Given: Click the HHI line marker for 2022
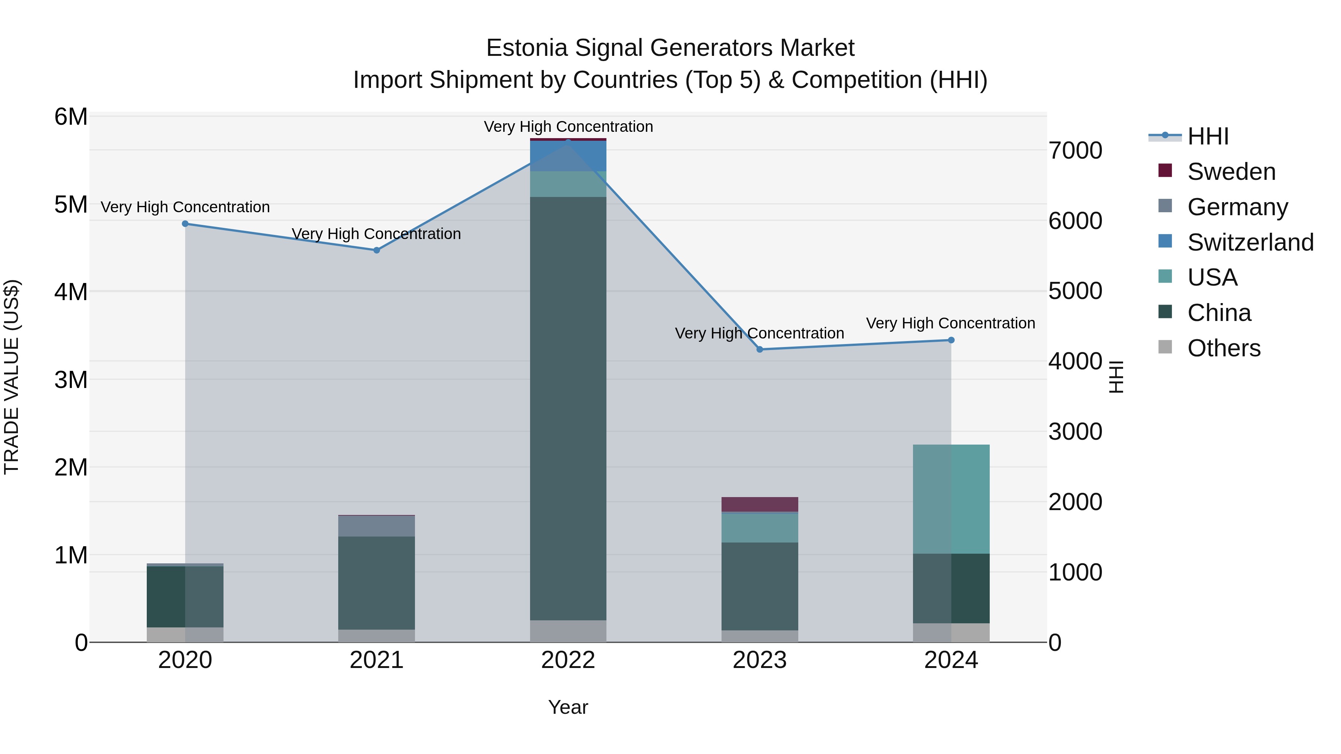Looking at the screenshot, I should (x=568, y=141).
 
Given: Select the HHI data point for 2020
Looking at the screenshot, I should (x=186, y=224).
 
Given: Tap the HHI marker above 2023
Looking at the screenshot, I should (x=760, y=349).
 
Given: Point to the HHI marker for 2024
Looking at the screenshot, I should (x=951, y=340).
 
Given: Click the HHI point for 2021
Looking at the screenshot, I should (x=377, y=250).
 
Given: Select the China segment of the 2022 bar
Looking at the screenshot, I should (x=568, y=408).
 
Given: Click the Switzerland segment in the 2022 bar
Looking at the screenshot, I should (x=568, y=156).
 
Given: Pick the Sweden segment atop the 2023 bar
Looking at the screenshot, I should (x=760, y=504).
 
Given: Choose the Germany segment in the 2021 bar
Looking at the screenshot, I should (x=377, y=525).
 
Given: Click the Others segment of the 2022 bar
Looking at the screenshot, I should (x=568, y=631).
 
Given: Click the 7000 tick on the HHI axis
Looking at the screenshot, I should (x=1075, y=151).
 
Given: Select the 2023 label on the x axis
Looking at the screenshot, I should (x=760, y=660).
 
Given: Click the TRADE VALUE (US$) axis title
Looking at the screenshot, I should (x=12, y=377).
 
